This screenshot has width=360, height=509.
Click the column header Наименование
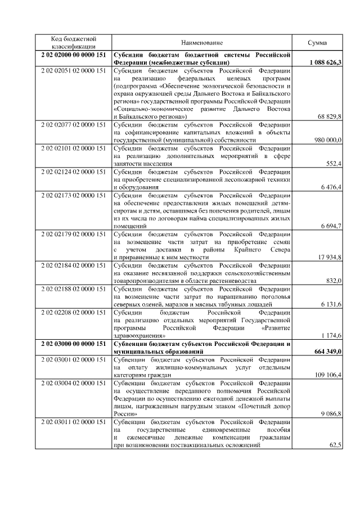[x=202, y=43]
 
